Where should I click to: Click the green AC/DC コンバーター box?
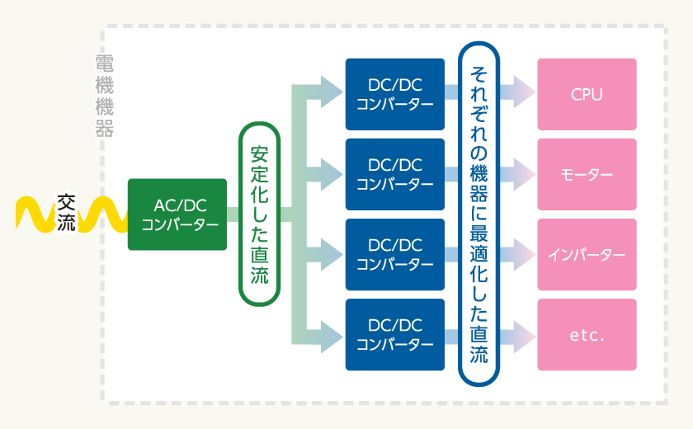point(177,214)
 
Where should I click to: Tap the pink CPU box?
point(587,94)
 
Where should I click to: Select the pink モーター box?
point(587,174)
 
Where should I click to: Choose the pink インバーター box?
point(587,254)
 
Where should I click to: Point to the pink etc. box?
point(587,334)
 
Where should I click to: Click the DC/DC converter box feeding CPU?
point(395,94)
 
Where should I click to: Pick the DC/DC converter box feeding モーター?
point(395,174)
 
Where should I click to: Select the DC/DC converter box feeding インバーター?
point(395,254)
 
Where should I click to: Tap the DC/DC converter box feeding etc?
point(395,334)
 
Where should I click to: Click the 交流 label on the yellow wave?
point(66,212)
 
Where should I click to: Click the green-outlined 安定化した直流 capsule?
point(260,214)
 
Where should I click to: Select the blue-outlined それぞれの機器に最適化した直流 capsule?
point(478,214)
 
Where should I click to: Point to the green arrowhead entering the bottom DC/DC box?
point(332,334)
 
